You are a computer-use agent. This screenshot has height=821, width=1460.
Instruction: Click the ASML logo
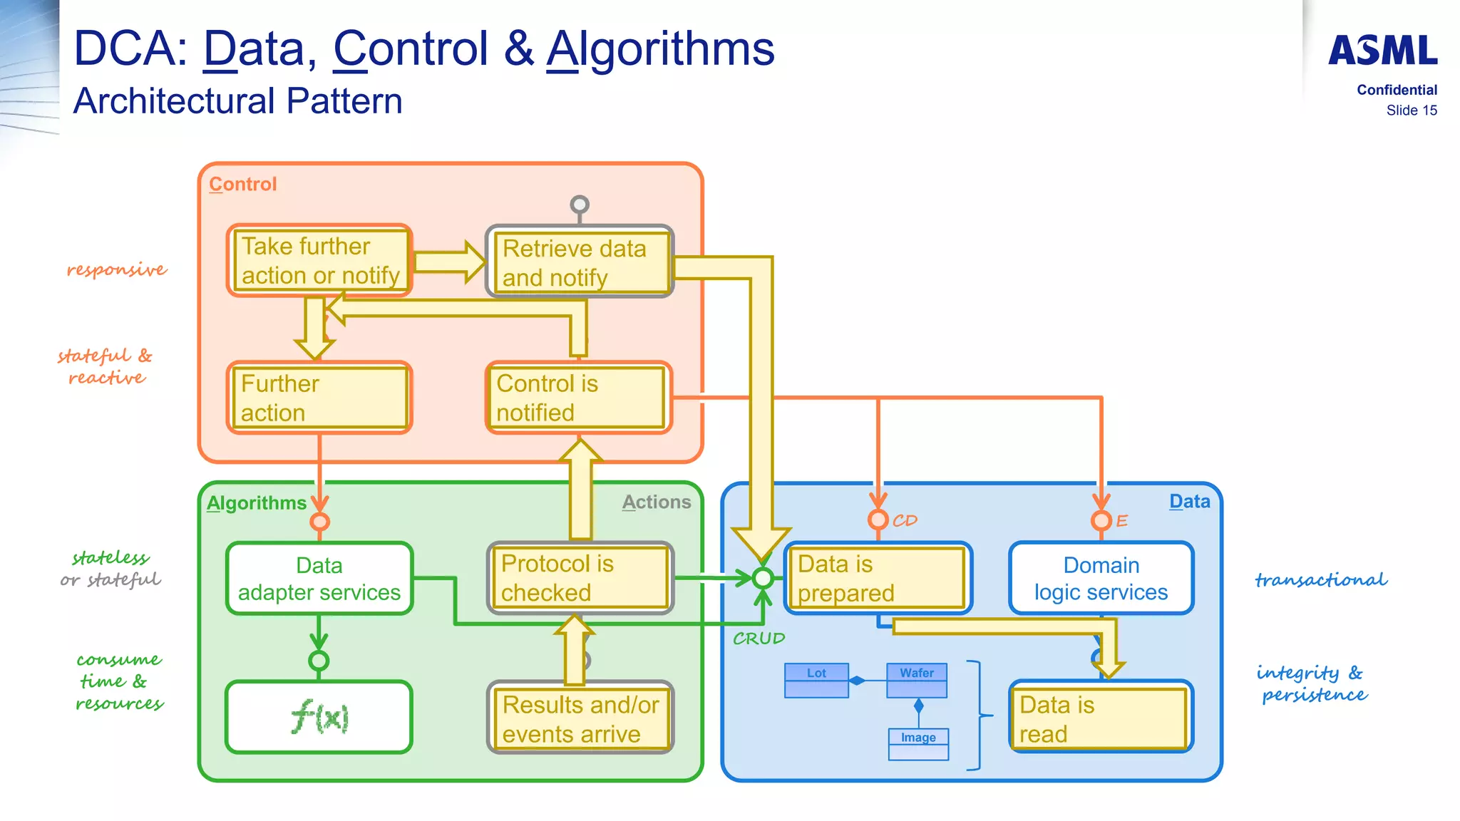click(x=1382, y=51)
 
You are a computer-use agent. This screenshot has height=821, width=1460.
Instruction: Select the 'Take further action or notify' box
click(x=319, y=261)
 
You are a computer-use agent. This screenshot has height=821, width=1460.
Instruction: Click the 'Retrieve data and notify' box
click(x=579, y=262)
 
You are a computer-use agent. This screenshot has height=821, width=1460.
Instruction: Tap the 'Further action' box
click(x=319, y=398)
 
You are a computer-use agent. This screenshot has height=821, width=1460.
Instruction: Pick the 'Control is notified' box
click(x=579, y=398)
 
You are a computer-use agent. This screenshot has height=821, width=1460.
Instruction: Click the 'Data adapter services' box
click(x=319, y=578)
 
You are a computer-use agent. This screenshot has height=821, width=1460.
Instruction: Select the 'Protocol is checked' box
click(x=579, y=578)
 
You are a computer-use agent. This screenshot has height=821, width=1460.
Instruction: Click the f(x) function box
click(x=319, y=717)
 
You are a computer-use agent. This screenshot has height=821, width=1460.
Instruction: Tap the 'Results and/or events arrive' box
click(x=579, y=718)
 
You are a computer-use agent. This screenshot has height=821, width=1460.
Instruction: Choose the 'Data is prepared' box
click(x=878, y=578)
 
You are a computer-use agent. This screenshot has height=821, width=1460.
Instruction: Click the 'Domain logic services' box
click(x=1101, y=578)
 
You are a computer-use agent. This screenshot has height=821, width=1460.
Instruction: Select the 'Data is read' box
click(x=1101, y=718)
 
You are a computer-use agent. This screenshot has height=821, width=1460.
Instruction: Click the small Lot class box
click(x=816, y=680)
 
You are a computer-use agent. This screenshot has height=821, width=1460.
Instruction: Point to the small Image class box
click(x=918, y=744)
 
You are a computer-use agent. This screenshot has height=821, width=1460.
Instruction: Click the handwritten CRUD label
click(x=759, y=639)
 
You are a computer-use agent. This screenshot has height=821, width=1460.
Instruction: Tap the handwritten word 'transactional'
click(x=1321, y=580)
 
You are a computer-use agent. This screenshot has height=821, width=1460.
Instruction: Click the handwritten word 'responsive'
click(x=117, y=269)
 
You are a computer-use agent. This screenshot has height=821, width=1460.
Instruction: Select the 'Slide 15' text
click(x=1411, y=110)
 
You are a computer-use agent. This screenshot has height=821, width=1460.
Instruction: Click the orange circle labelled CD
click(x=878, y=520)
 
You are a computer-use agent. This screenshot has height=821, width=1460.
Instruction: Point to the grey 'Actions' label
click(x=656, y=502)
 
